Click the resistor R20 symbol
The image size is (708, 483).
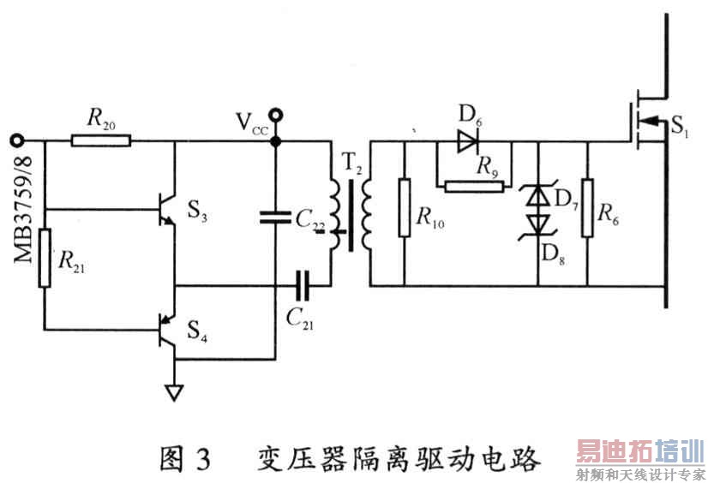click(x=101, y=140)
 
